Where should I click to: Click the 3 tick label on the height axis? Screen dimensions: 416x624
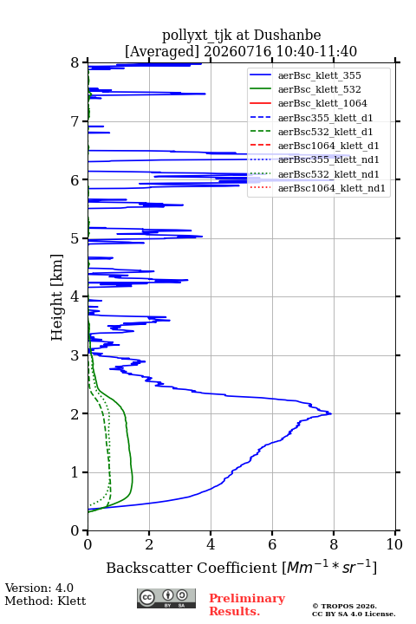75,355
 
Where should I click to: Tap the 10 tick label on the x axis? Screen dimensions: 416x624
394,544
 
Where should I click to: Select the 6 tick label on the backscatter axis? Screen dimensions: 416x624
272,544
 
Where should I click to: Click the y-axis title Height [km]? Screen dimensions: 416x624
57,297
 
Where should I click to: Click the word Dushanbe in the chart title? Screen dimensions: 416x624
288,36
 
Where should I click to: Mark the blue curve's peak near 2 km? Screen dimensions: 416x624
331,414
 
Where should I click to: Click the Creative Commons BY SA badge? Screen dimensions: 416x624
166,599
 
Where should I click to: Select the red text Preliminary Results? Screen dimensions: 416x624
247,605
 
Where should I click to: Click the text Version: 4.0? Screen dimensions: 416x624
39,588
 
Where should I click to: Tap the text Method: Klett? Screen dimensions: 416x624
45,601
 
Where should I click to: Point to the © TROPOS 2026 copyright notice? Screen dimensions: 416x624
345,606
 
